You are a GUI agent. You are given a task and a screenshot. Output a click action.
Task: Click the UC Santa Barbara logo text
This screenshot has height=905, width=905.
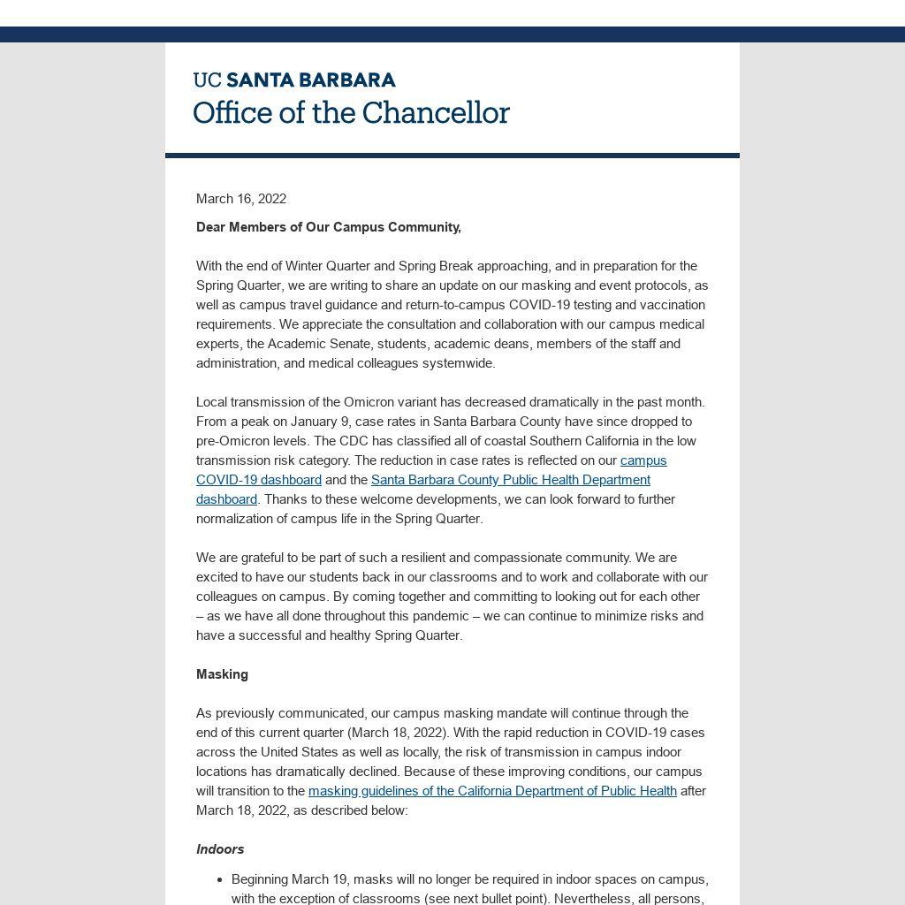click(294, 80)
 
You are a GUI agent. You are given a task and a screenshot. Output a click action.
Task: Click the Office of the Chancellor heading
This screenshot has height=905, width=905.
click(351, 113)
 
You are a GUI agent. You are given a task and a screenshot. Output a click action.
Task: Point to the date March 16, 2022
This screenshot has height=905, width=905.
click(241, 199)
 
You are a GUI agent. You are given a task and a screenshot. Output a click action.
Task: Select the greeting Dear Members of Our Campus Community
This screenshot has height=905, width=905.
click(329, 227)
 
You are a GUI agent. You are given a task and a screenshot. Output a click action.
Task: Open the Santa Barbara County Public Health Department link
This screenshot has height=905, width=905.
click(511, 480)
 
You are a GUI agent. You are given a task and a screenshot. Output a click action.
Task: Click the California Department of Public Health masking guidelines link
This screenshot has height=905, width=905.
click(492, 791)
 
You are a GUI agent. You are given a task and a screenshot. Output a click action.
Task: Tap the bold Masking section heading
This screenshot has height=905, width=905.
click(222, 674)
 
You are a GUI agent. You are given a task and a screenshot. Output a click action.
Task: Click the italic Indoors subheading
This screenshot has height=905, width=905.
click(220, 849)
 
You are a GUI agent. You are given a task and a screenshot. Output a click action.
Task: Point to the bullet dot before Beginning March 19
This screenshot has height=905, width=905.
click(219, 879)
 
